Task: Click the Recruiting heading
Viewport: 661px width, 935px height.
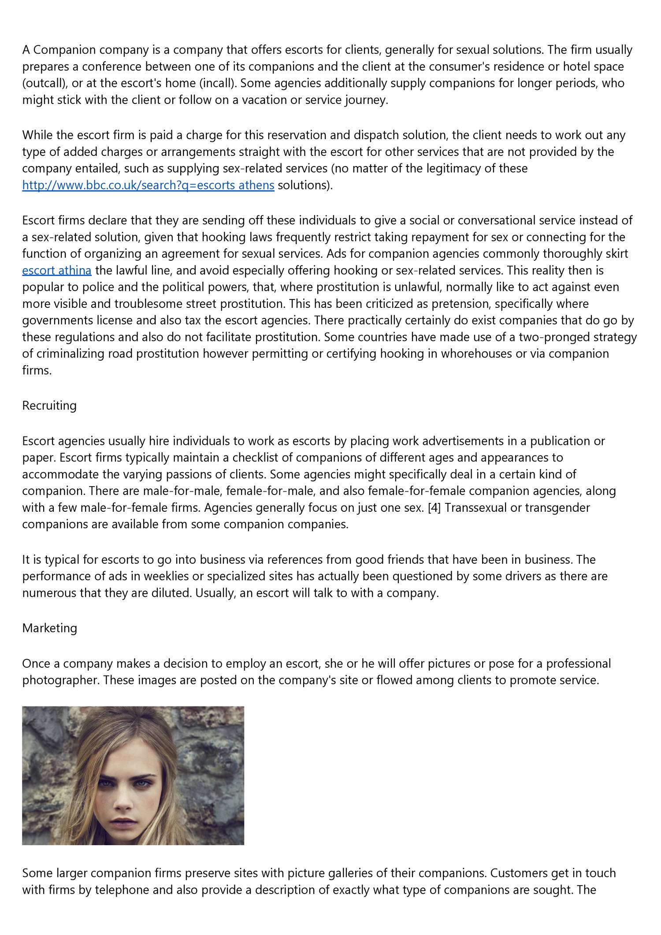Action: coord(49,406)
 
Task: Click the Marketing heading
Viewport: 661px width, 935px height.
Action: coord(49,628)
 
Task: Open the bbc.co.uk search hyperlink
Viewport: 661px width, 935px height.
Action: coord(148,185)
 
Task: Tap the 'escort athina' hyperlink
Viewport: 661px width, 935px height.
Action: coord(57,270)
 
